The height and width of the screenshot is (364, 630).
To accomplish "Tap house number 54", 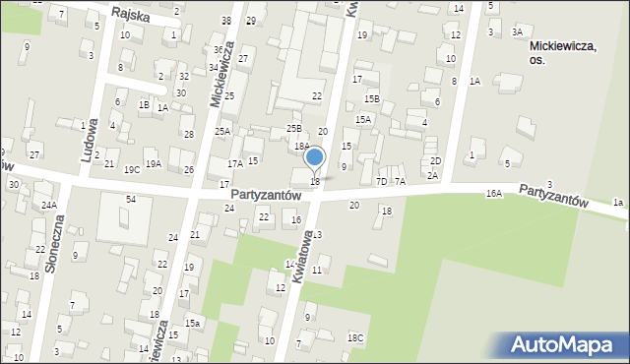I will click(x=130, y=200).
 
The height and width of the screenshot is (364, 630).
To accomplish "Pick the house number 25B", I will click(x=293, y=129).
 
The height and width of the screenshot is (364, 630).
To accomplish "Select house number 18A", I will click(x=302, y=146).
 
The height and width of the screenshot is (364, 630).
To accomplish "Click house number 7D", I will click(x=381, y=181).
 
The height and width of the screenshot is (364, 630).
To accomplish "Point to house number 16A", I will click(x=494, y=195).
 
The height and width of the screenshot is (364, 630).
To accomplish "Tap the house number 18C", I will click(x=355, y=338).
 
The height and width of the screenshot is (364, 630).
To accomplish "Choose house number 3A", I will click(x=517, y=32).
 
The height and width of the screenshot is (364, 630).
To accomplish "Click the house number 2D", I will click(x=435, y=160).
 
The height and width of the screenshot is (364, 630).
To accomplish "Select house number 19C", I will click(x=131, y=169).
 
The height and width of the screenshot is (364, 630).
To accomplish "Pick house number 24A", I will click(x=49, y=206).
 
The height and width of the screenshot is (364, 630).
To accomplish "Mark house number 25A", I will click(x=223, y=131).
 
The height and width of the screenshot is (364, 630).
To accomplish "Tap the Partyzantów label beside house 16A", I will click(x=553, y=194).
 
